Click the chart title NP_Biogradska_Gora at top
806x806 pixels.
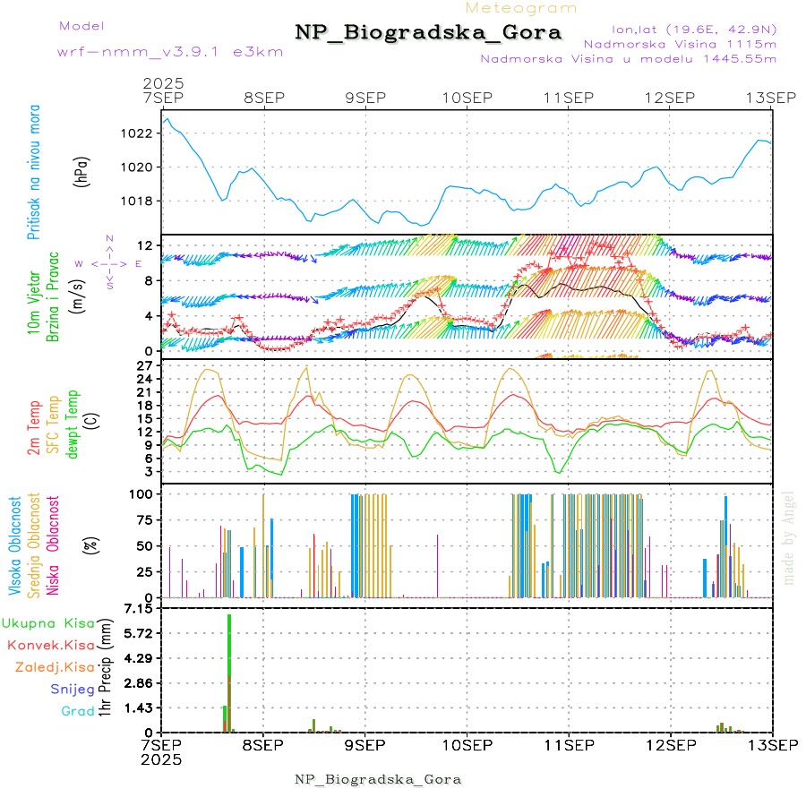[x=428, y=33]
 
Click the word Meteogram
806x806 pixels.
[x=522, y=8]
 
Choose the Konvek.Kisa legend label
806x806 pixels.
[x=51, y=645]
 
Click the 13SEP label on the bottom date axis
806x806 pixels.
[x=772, y=744]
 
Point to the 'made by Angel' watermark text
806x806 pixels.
[x=789, y=536]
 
